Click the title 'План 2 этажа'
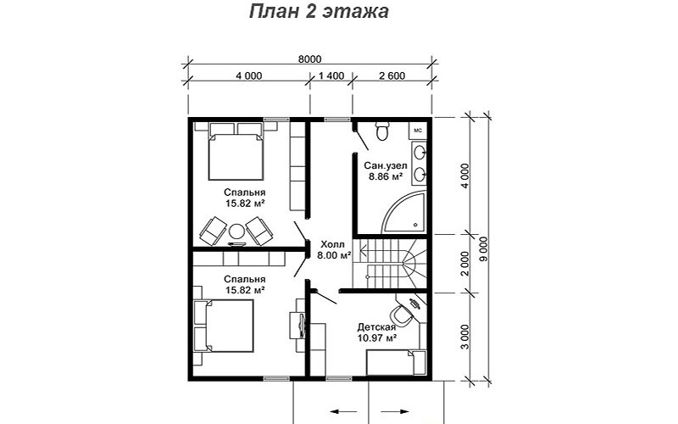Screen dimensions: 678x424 click(x=319, y=12)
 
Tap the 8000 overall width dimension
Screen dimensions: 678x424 click(x=309, y=59)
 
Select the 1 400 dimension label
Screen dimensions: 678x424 click(x=331, y=76)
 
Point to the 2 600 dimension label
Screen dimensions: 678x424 click(x=392, y=76)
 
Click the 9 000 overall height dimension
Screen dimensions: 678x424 click(x=483, y=249)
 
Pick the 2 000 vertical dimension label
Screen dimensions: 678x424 click(x=464, y=264)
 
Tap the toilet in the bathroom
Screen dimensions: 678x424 click(x=382, y=131)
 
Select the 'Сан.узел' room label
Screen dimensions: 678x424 click(x=386, y=165)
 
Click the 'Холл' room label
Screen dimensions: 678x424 click(x=333, y=244)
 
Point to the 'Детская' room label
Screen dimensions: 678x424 click(x=376, y=327)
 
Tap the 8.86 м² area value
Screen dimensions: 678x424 click(x=386, y=176)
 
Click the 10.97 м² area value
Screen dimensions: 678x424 click(x=377, y=338)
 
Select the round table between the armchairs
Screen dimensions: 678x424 click(x=236, y=231)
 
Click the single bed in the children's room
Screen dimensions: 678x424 click(x=396, y=363)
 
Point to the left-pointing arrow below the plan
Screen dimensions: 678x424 click(x=343, y=411)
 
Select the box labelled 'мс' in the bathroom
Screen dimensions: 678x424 click(x=418, y=131)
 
